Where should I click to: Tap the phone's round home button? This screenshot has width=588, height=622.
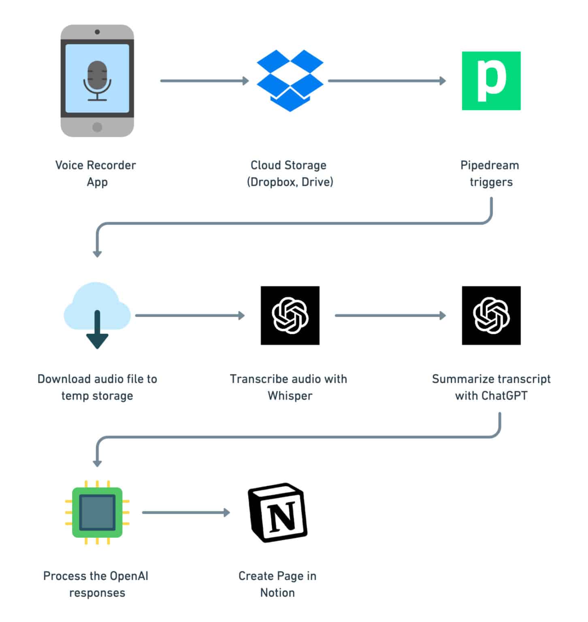pyautogui.click(x=97, y=127)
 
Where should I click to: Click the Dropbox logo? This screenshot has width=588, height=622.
pyautogui.click(x=290, y=80)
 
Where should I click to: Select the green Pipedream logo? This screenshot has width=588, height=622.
pyautogui.click(x=491, y=81)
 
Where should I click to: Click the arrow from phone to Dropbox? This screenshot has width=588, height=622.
pyautogui.click(x=204, y=81)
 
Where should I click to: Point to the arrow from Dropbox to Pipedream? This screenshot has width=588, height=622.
pyautogui.click(x=387, y=81)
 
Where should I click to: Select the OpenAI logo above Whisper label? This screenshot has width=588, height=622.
pyautogui.click(x=290, y=315)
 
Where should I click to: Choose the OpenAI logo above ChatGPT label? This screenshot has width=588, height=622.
pyautogui.click(x=491, y=315)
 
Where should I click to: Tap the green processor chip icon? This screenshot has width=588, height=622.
pyautogui.click(x=97, y=512)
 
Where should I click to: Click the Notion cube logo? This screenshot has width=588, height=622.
pyautogui.click(x=278, y=512)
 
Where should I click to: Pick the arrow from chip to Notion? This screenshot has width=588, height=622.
pyautogui.click(x=186, y=513)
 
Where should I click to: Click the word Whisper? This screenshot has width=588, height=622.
pyautogui.click(x=290, y=396)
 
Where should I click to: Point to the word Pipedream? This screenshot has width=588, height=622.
pyautogui.click(x=490, y=165)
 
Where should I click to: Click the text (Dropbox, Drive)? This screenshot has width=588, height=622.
pyautogui.click(x=290, y=182)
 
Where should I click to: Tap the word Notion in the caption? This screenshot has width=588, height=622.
pyautogui.click(x=277, y=593)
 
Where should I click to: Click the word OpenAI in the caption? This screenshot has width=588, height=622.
pyautogui.click(x=129, y=576)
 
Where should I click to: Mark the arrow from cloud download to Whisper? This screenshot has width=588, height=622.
pyautogui.click(x=190, y=315)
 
